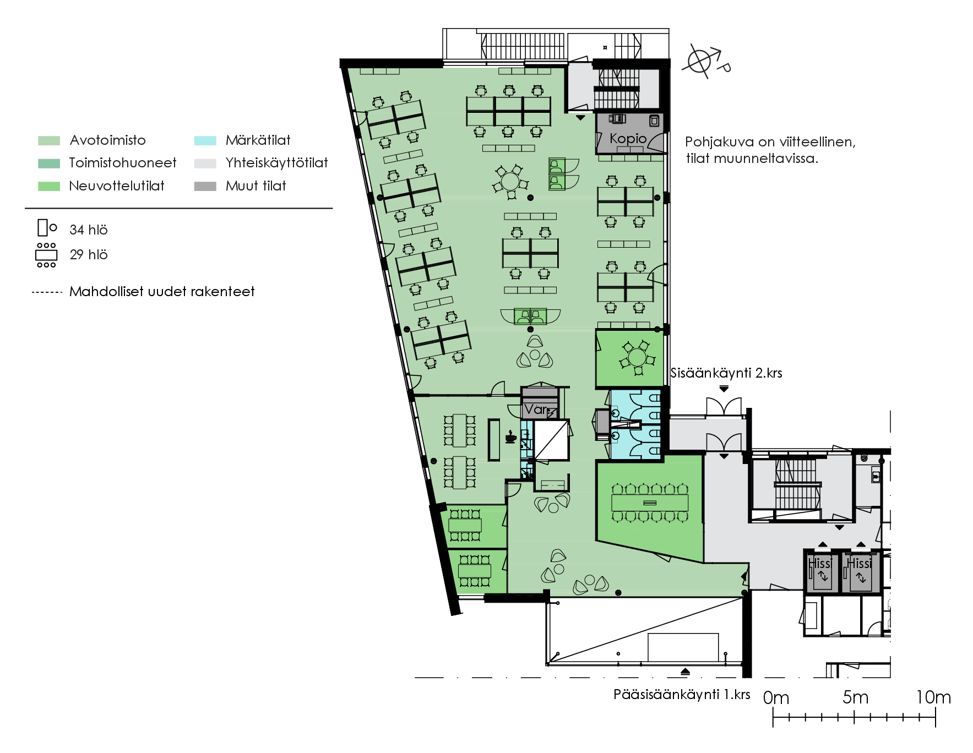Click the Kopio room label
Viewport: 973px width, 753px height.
[x=628, y=139]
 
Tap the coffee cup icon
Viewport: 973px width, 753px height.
[x=510, y=437]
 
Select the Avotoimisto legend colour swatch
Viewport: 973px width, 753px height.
[x=49, y=140]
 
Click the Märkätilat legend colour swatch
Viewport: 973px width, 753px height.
[x=205, y=140]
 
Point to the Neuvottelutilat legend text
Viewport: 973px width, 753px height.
[x=117, y=186]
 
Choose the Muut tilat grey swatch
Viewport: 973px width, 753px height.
[x=205, y=187]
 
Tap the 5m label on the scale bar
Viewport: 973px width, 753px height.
[x=855, y=697]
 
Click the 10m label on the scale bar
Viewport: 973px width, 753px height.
[x=933, y=697]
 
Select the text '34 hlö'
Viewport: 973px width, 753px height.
[x=89, y=230]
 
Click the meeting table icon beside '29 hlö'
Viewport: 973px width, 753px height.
[x=46, y=255]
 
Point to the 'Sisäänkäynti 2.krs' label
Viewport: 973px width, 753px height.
[x=726, y=373]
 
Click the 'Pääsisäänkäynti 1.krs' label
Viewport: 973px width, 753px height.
[x=682, y=695]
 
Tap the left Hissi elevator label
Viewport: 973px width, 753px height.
[x=819, y=564]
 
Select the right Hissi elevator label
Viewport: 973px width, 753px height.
[x=860, y=564]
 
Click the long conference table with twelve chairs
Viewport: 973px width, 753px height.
[x=650, y=503]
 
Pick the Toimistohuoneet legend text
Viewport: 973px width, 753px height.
[x=123, y=163]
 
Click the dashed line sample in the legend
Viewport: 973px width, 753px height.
[x=47, y=292]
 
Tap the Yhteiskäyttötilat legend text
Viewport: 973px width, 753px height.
[x=276, y=163]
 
